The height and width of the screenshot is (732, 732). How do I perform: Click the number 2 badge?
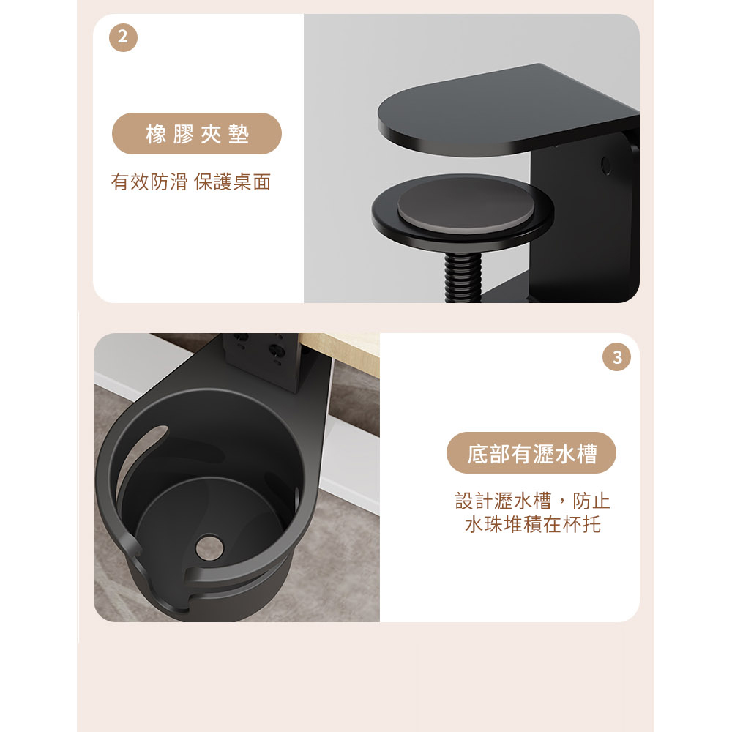point(123,37)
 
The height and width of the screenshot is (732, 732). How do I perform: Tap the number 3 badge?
point(616,357)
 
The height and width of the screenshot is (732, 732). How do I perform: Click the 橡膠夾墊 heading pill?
point(196,133)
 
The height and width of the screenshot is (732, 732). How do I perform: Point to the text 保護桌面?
point(233,182)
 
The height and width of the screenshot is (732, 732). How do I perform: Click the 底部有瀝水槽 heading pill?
point(531,453)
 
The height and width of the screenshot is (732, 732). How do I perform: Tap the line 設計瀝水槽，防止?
point(533,501)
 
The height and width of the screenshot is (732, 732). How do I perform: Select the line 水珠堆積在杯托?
point(533,524)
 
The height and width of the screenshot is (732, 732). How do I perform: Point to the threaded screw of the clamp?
point(462,277)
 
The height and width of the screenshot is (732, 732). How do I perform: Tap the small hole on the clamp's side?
point(606,165)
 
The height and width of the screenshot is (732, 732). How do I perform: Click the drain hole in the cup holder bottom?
point(209,547)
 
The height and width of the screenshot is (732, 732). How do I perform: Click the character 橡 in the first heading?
point(156,134)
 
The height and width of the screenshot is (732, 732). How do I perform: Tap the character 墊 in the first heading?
point(239,134)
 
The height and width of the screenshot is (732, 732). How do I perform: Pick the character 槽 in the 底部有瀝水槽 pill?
point(586,453)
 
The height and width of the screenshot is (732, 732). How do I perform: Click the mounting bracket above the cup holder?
point(261,359)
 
